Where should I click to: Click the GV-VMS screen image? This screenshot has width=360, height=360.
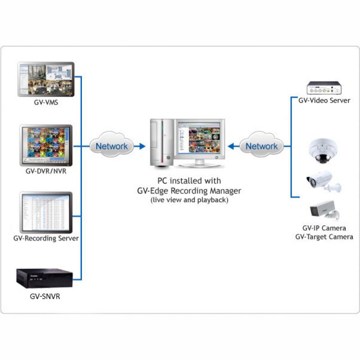(46, 79)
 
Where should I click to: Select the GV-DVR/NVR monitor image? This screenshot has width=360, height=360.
(46, 144)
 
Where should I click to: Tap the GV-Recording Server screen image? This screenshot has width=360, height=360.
(46, 211)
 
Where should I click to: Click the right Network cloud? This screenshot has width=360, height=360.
(261, 146)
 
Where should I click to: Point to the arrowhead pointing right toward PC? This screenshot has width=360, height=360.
(142, 146)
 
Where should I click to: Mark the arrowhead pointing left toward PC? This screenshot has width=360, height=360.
(231, 146)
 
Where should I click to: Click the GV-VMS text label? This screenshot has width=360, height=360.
(46, 102)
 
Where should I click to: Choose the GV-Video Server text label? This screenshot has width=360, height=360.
(324, 100)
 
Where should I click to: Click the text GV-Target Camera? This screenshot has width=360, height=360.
(324, 237)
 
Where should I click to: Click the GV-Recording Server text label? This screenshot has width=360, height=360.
(46, 238)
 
